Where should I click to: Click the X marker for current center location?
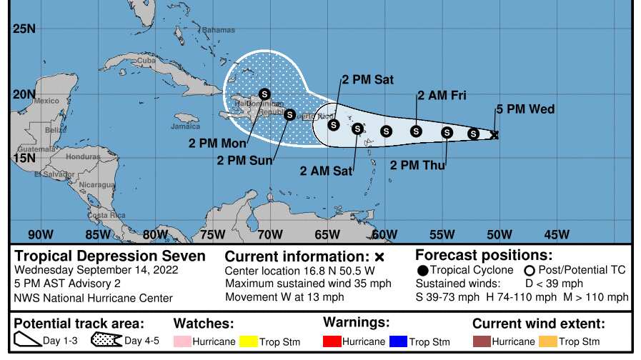tap(495, 134)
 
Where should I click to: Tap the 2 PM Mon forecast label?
tap(213, 142)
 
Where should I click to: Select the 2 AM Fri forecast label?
tap(442, 96)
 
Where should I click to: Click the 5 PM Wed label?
tap(525, 109)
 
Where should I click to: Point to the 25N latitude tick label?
tap(24, 29)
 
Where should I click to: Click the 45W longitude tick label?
tap(557, 234)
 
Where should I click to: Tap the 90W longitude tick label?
tap(41, 234)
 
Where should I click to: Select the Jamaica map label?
tap(185, 126)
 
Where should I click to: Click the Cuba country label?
tap(146, 61)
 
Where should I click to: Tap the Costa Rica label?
tap(106, 215)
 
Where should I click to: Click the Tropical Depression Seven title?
tap(110, 256)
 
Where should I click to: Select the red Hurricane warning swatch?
tap(332, 341)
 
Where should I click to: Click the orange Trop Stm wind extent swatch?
tap(548, 341)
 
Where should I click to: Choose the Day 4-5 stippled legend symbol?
tap(106, 341)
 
